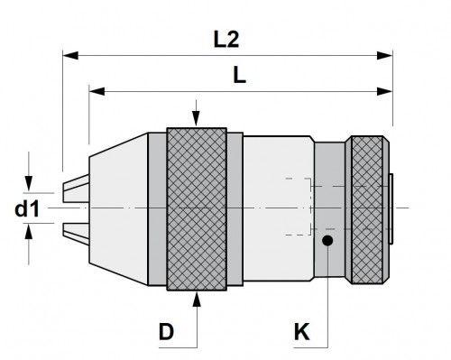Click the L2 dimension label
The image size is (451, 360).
tap(226, 40)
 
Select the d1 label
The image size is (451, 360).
tap(27, 209)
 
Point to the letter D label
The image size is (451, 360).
tap(166, 332)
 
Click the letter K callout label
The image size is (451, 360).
tap(301, 332)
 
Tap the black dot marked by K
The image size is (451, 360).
tap(327, 240)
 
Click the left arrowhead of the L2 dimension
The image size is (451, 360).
tap(70, 55)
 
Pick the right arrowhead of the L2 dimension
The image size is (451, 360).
tap(385, 55)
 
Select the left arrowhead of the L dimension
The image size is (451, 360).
tap(97, 91)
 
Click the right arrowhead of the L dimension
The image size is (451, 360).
tap(385, 91)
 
